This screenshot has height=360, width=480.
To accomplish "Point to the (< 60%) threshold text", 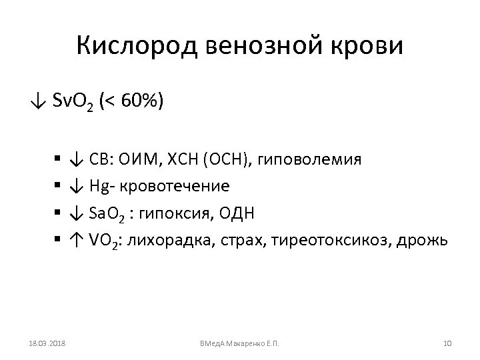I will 135,101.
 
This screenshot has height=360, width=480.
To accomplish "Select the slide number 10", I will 448,343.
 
